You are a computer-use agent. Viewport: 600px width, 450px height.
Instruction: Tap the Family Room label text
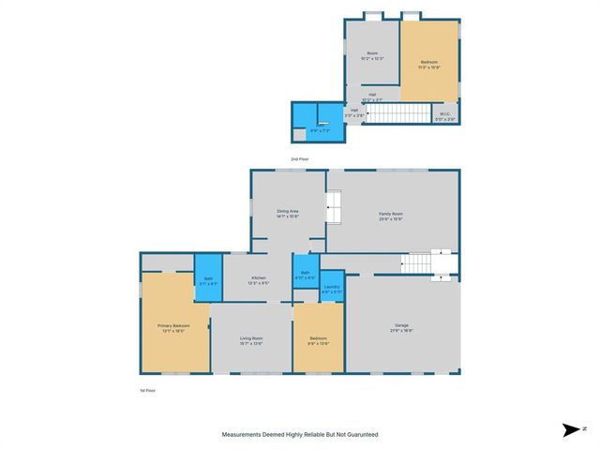391,214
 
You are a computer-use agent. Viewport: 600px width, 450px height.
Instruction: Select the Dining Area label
287,212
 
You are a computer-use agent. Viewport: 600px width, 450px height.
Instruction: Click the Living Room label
250,338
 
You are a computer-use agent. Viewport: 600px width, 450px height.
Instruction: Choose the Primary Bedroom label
173,326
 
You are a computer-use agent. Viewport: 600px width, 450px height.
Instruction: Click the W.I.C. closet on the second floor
446,116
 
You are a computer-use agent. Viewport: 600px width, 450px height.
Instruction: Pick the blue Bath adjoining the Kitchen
208,277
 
